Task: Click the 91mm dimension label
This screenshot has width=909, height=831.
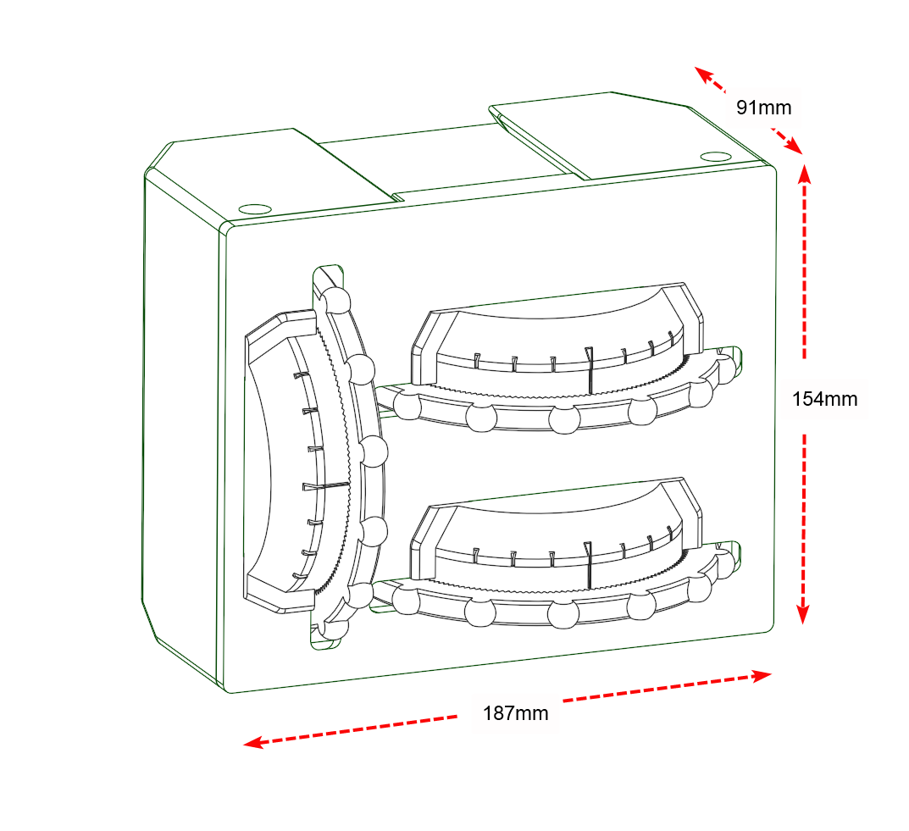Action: [x=763, y=108]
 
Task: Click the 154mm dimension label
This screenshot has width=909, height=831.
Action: [x=824, y=398]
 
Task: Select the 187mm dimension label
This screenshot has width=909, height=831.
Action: [x=515, y=713]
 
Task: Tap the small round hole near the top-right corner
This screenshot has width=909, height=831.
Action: [x=716, y=156]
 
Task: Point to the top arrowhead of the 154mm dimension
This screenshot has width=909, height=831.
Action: [x=804, y=171]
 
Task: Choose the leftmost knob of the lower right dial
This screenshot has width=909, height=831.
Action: [x=406, y=601]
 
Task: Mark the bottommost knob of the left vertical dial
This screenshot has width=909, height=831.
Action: [x=334, y=629]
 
